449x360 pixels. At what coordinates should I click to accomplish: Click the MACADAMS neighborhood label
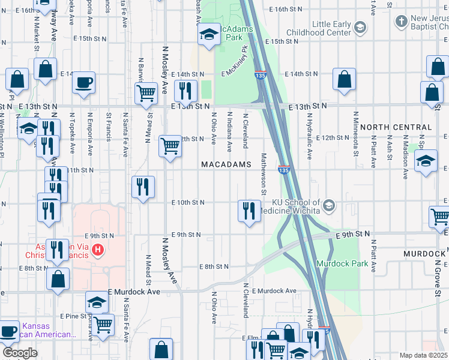pos(225,164)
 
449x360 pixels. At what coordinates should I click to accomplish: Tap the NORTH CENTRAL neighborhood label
pos(396,127)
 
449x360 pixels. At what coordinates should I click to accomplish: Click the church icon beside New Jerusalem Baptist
pos(400,22)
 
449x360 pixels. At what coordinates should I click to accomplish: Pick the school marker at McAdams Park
pos(209,35)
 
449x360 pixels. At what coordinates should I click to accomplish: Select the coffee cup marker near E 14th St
pos(84,82)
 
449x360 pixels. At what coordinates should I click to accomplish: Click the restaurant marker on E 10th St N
pos(248,210)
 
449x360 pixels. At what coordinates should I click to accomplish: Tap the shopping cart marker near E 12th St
pos(170,145)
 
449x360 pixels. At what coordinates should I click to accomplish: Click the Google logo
pos(19,353)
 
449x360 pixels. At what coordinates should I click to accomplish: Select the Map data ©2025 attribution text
pos(423,355)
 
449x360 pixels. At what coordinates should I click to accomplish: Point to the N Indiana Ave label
pos(229,130)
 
